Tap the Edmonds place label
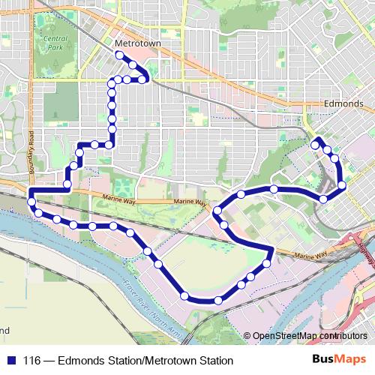343,104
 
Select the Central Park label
55,43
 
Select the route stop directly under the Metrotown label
119,55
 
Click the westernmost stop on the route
31,200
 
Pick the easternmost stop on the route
342,184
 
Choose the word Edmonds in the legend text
79,361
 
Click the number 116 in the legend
32,361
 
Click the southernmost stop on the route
218,301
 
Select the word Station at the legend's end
217,361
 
